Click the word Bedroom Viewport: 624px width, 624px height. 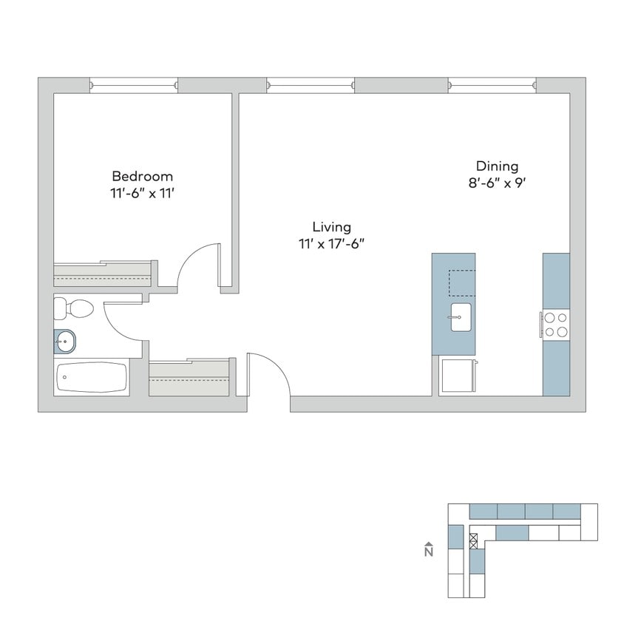[142, 176]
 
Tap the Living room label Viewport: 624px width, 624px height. [331, 227]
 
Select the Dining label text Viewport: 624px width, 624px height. [497, 166]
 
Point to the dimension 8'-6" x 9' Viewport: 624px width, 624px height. [497, 183]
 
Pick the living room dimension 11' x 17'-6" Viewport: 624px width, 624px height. [331, 244]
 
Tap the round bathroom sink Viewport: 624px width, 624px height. [66, 341]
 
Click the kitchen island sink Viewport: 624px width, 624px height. [460, 317]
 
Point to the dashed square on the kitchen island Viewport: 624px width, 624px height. [462, 282]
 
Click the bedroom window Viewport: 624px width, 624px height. [133, 85]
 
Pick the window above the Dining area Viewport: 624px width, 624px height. [492, 85]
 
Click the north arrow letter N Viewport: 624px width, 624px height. [429, 552]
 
